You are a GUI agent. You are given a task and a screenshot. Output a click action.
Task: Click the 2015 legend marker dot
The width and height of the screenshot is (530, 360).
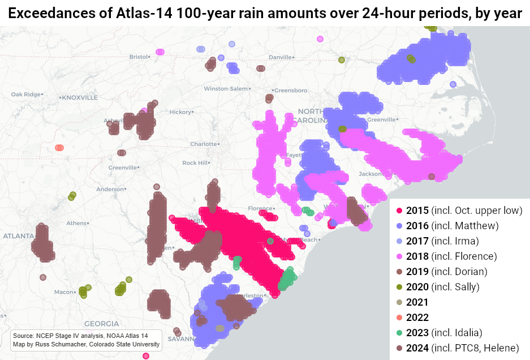[399, 211]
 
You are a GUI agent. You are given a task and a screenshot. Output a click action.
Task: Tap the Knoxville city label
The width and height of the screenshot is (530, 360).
[79, 97]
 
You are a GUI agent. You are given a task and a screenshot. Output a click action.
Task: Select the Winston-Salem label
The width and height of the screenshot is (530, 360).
[226, 89]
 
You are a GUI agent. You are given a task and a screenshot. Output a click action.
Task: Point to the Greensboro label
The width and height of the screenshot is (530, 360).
[291, 90]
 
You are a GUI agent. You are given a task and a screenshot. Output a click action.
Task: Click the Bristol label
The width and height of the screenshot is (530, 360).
[138, 57]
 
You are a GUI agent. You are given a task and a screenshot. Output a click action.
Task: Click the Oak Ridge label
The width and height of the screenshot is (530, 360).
[24, 94]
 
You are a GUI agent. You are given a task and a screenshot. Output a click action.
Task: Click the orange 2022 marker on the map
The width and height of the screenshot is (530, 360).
[59, 148]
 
